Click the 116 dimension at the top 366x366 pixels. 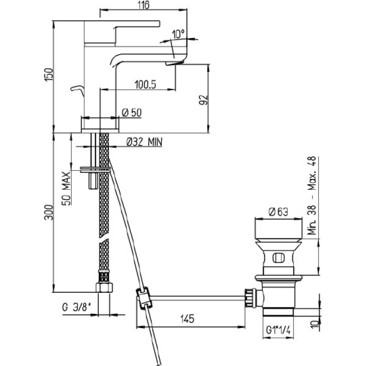click(143, 5)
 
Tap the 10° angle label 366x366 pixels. click(178, 34)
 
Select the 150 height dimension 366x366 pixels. click(49, 75)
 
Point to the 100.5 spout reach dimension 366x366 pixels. click(145, 85)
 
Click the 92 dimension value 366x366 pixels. click(204, 100)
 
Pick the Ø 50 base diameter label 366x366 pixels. click(132, 113)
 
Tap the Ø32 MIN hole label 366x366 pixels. click(144, 142)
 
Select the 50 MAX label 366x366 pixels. click(66, 188)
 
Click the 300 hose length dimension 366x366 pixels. click(49, 212)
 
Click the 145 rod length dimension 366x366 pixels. click(187, 319)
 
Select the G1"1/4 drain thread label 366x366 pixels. click(278, 330)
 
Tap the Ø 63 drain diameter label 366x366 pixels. click(279, 212)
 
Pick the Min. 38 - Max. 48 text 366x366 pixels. click(312, 196)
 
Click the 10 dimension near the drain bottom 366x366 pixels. click(315, 324)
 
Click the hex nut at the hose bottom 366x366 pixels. click(104, 287)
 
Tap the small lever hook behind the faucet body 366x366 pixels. click(77, 91)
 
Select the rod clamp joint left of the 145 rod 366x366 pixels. click(144, 298)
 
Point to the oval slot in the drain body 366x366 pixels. click(278, 258)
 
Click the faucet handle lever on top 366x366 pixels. click(122, 32)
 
